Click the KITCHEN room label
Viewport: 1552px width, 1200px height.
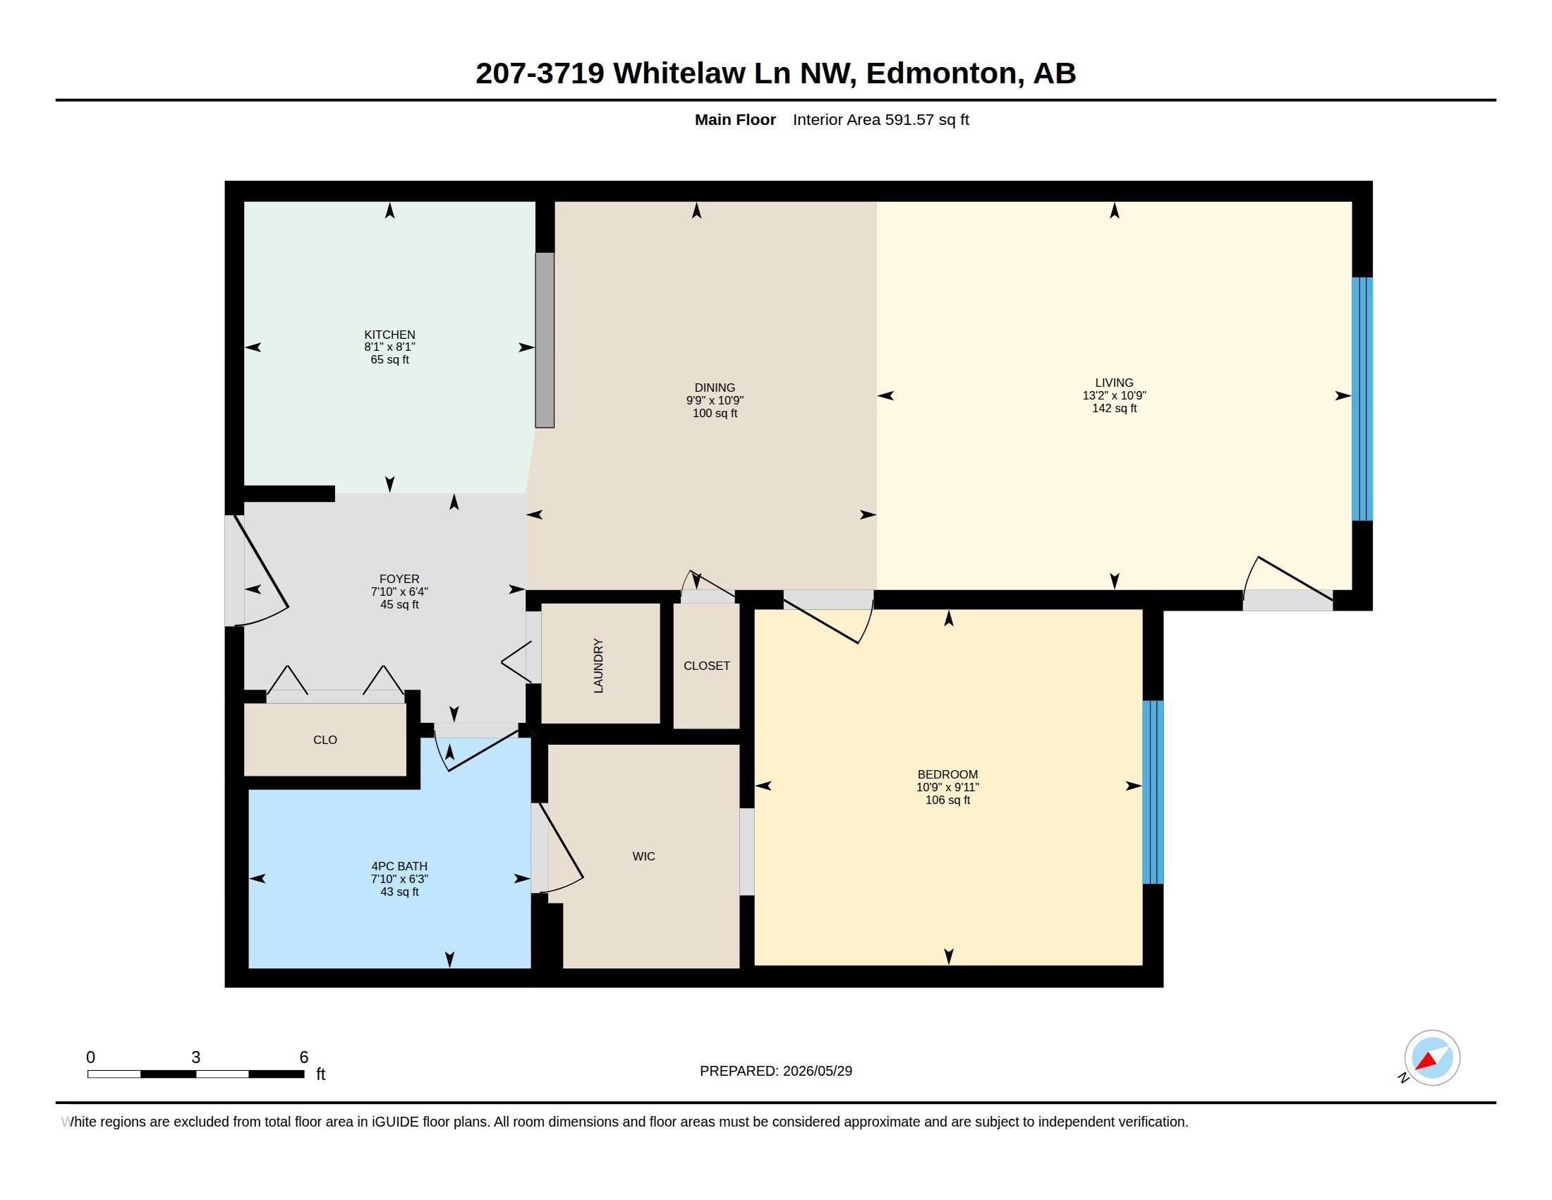(389, 334)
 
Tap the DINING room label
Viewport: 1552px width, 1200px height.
(715, 388)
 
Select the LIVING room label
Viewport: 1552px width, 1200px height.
(1114, 383)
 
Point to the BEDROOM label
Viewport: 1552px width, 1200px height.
(947, 774)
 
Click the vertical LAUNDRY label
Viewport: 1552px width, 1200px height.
(598, 666)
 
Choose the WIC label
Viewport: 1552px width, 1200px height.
(644, 856)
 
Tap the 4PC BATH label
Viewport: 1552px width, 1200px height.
(399, 866)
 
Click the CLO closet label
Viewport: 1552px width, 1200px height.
(325, 739)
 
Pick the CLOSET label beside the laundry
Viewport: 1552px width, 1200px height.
(706, 666)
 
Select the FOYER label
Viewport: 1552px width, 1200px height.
(399, 579)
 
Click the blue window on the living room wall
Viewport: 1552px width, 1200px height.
(1362, 399)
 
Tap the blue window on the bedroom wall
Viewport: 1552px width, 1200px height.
(1153, 792)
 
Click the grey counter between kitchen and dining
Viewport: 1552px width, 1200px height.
(545, 340)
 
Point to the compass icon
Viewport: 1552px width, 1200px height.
(1432, 1058)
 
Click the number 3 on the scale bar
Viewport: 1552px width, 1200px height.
(195, 1057)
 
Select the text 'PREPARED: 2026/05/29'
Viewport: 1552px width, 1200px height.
(776, 1071)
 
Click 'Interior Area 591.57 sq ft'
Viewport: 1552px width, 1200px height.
(881, 119)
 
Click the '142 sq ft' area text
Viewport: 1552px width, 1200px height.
(1114, 408)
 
